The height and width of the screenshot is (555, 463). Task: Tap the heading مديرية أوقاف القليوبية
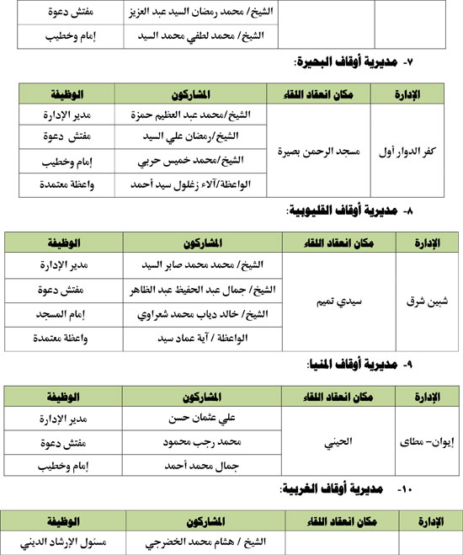(x=337, y=213)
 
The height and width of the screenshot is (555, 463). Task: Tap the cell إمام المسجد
(x=62, y=314)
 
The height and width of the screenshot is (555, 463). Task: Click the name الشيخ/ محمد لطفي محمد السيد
(x=199, y=36)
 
